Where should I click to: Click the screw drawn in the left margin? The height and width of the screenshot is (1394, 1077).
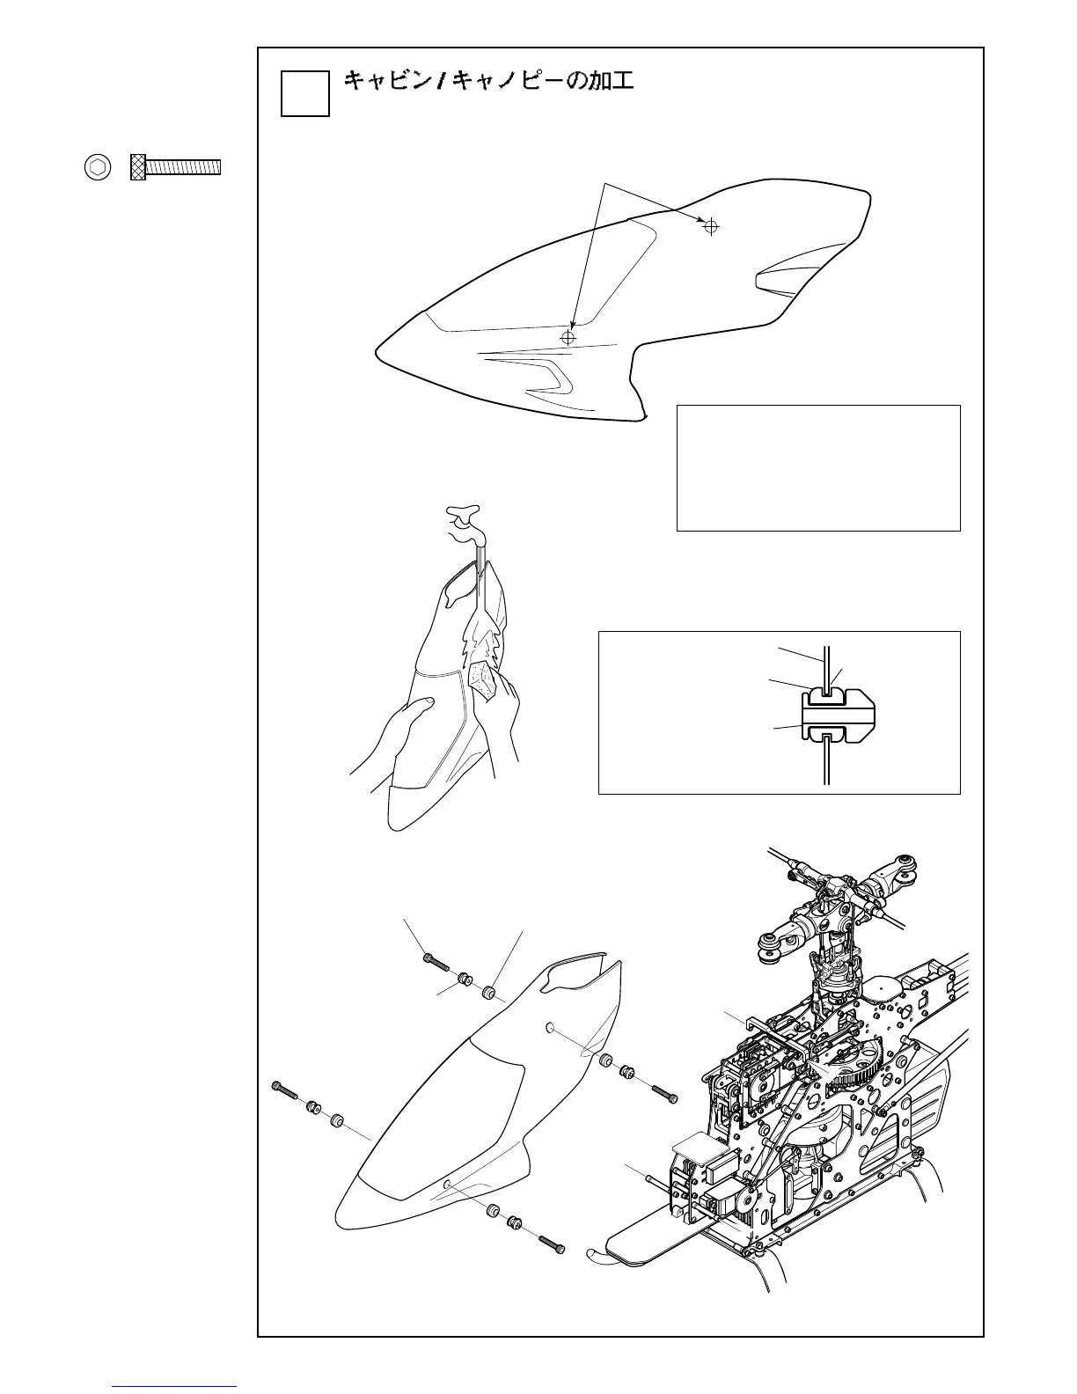(x=176, y=167)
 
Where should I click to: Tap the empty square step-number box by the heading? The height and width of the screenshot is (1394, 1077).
(x=304, y=93)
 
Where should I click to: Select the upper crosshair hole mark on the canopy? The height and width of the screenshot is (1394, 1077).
(x=711, y=227)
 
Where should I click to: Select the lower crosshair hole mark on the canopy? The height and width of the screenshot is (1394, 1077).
(x=568, y=338)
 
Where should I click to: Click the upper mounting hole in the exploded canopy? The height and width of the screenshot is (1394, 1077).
(x=551, y=1027)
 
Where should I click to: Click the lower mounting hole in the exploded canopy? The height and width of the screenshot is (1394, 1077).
(x=449, y=1185)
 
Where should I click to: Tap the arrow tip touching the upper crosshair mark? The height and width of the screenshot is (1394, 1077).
(x=703, y=221)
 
